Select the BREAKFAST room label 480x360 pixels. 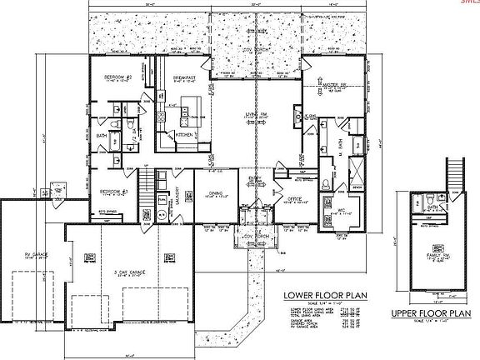pyautogui.click(x=184, y=77)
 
